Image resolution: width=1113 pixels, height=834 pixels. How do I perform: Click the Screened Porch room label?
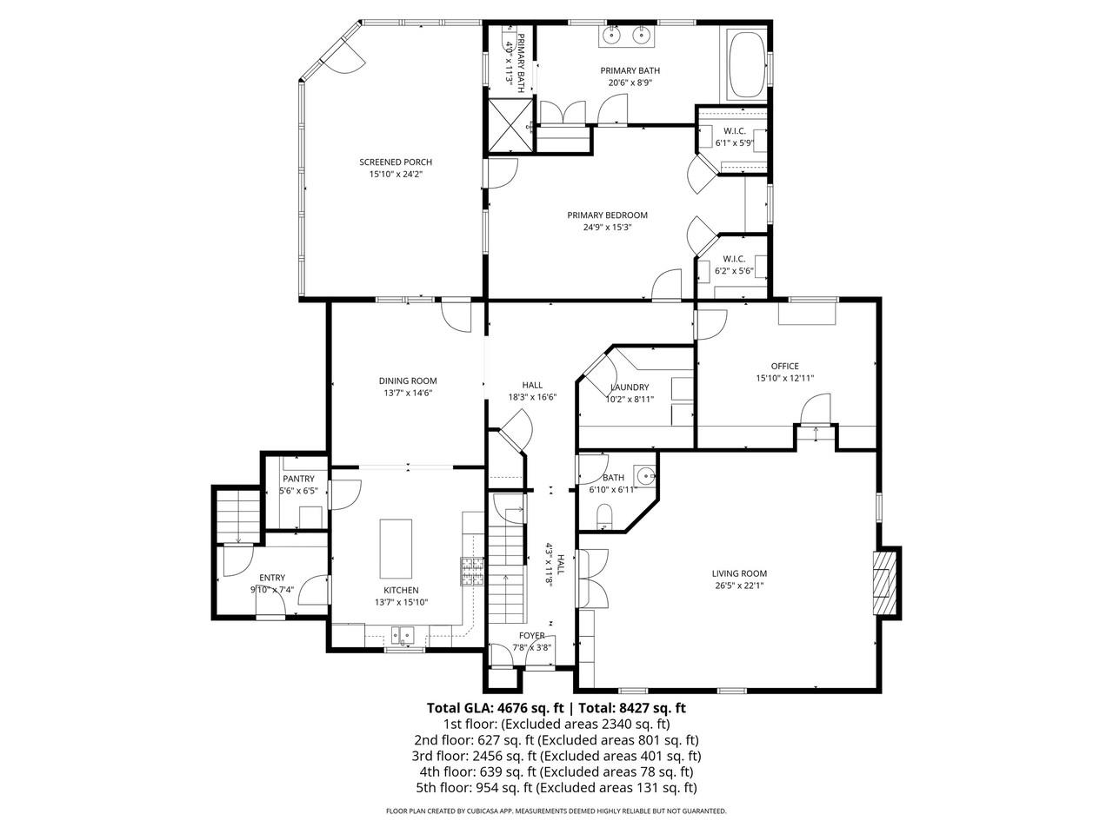396,162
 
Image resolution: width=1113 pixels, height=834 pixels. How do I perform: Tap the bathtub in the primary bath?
746,65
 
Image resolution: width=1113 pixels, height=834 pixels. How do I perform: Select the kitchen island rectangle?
396,548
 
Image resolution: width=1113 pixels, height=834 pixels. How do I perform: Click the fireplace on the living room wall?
885,583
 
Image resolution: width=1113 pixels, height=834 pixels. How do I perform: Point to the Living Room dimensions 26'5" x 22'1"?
739,586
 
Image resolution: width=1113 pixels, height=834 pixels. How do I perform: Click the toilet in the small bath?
605,519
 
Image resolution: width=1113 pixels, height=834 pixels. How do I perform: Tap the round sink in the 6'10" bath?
644,476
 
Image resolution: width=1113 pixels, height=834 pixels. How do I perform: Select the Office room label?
783,366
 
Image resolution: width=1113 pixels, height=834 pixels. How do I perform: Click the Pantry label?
297,479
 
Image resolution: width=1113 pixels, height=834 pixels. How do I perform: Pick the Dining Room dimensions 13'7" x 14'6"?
407,393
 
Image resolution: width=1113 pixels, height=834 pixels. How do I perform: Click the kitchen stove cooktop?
472,572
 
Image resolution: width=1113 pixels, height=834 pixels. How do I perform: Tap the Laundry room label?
629,387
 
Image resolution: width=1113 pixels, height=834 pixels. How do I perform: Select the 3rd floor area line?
556,756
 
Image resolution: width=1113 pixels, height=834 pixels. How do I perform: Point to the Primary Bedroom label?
607,215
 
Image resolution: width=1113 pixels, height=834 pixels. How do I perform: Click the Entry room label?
272,578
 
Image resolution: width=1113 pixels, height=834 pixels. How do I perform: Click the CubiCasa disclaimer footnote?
556,811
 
